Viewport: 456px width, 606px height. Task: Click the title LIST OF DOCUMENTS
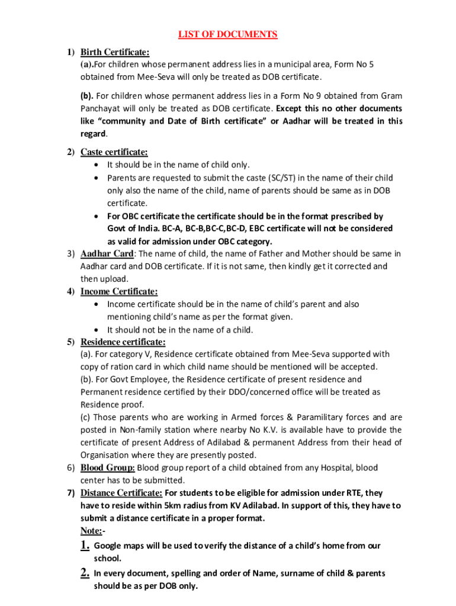[x=228, y=34]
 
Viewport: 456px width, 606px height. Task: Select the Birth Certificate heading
[x=114, y=52]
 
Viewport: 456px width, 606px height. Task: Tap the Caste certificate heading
[x=114, y=152]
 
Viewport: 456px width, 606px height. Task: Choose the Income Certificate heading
[x=119, y=291]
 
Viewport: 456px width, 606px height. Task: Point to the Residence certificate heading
[x=123, y=342]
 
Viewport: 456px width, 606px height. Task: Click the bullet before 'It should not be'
[x=97, y=330]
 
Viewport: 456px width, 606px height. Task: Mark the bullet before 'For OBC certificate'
[x=97, y=216]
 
